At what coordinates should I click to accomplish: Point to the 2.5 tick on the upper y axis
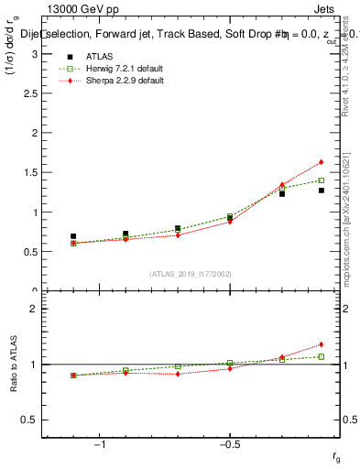[33, 93]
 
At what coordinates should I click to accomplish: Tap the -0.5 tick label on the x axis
[229, 445]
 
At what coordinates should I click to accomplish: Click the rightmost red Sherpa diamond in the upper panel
[322, 162]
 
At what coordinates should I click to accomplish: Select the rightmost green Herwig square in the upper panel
[322, 180]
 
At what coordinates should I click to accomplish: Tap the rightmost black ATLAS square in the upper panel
[322, 191]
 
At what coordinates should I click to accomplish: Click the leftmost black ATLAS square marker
[73, 236]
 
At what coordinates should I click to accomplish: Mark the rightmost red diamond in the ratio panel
[322, 344]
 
